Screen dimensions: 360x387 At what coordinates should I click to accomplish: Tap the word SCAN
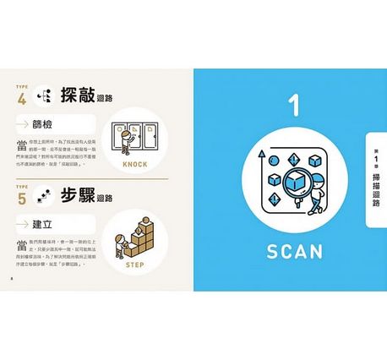tap(290, 251)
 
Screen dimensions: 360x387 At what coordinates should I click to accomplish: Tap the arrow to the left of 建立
tap(24, 222)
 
